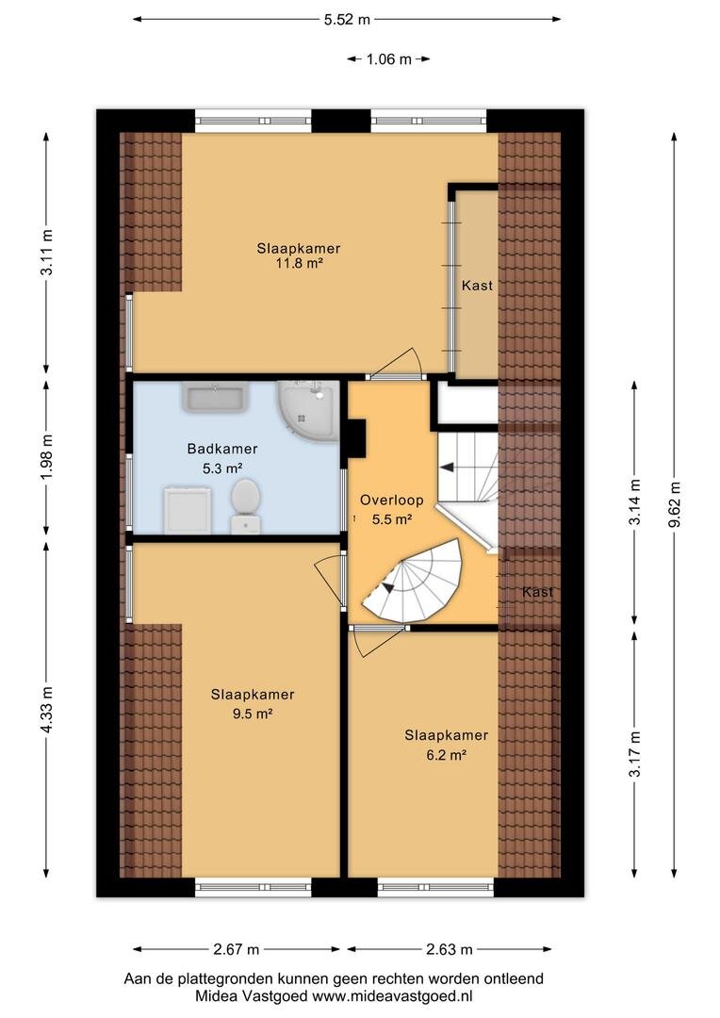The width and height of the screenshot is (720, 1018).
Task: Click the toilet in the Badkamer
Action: [245, 506]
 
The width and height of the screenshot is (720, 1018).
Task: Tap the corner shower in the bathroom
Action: [309, 411]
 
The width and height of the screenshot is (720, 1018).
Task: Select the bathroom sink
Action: [216, 398]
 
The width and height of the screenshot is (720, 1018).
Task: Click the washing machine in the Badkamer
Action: [187, 510]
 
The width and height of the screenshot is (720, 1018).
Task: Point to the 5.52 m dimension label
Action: [348, 20]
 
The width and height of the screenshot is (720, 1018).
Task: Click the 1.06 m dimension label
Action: [389, 59]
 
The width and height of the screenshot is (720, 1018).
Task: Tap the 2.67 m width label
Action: [237, 949]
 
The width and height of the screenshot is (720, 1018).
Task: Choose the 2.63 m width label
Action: [450, 949]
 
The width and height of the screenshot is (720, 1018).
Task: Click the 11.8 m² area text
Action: [300, 264]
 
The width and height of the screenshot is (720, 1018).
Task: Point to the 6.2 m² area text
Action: [446, 754]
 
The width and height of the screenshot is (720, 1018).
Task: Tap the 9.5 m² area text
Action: [253, 714]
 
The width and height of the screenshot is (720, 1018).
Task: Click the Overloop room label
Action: [391, 500]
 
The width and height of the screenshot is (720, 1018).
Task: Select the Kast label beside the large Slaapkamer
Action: [477, 285]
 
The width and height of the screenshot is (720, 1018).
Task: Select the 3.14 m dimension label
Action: [635, 501]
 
